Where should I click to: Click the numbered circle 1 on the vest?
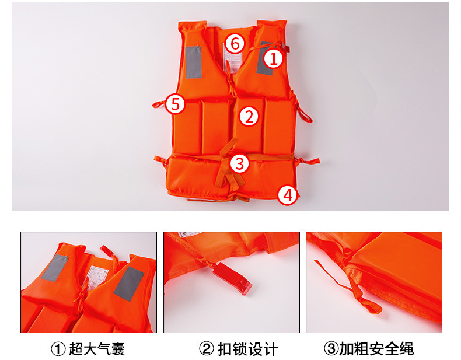point(273,58)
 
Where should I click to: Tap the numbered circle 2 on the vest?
point(249,116)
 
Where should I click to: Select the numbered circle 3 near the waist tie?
point(240,163)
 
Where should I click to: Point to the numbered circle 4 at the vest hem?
point(288,195)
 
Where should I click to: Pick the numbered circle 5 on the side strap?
point(175,104)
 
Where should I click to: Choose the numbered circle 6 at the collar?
point(235,44)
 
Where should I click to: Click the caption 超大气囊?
point(97,349)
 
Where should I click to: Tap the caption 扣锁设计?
point(247,349)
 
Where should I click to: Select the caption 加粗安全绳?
point(376,349)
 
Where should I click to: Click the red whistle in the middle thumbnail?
point(232,278)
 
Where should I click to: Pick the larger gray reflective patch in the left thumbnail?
point(129,284)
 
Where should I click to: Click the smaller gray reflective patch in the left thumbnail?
point(55,268)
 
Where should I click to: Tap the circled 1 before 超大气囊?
point(58,349)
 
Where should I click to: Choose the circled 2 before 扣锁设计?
point(207,349)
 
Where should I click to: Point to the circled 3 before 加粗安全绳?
point(331,349)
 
